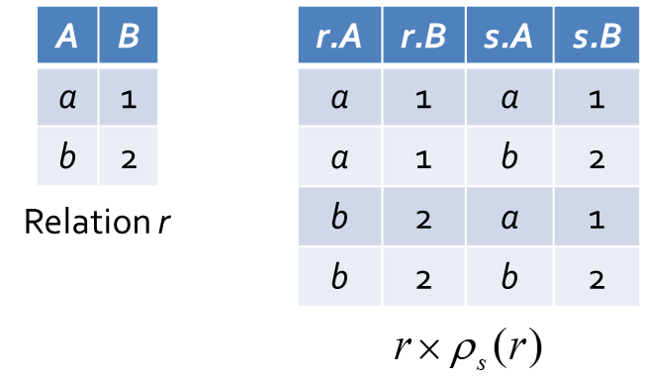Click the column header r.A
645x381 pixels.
(339, 35)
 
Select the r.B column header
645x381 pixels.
(424, 35)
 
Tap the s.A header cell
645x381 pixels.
(509, 35)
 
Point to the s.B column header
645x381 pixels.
(597, 35)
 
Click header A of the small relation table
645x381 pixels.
(67, 35)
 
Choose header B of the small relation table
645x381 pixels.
(129, 35)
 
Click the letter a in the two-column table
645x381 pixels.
(68, 99)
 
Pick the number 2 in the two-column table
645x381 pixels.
(129, 159)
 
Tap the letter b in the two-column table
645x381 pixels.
(68, 156)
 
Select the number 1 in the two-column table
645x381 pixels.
(129, 100)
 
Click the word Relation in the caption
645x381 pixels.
(87, 222)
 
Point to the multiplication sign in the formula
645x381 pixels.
(430, 349)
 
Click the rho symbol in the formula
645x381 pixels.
(462, 351)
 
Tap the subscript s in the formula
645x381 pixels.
(482, 363)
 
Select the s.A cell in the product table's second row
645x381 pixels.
(509, 156)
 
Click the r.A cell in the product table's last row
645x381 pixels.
(339, 276)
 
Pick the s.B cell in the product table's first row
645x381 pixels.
(597, 97)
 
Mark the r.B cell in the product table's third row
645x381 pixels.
(424, 217)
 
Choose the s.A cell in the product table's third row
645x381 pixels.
(509, 217)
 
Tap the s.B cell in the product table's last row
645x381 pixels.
(597, 276)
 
